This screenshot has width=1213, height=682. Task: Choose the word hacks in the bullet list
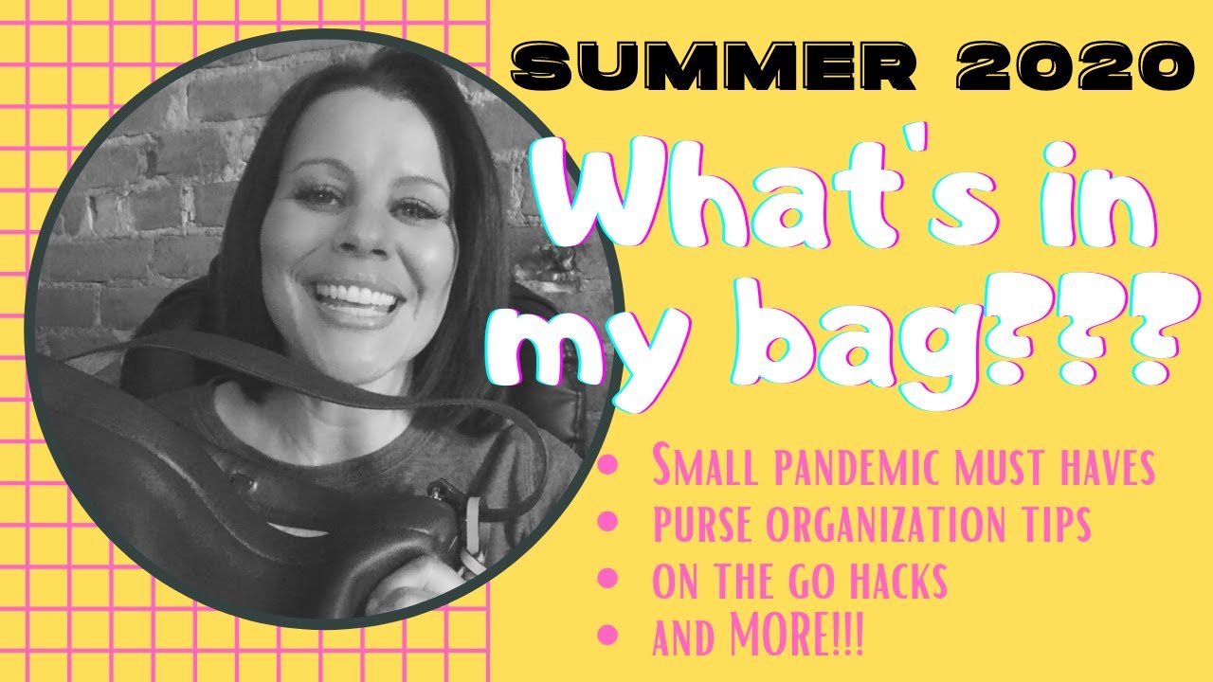[x=895, y=582]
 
